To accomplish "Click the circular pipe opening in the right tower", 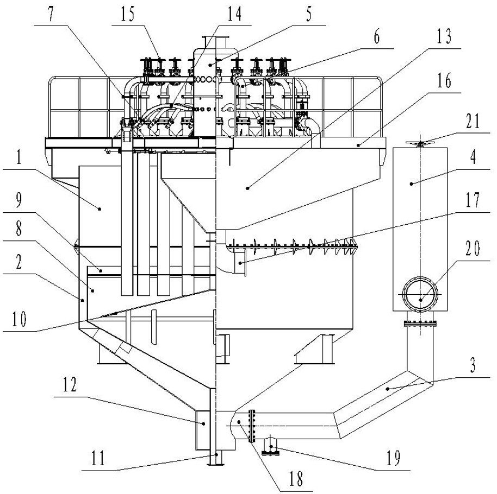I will (x=419, y=294).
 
